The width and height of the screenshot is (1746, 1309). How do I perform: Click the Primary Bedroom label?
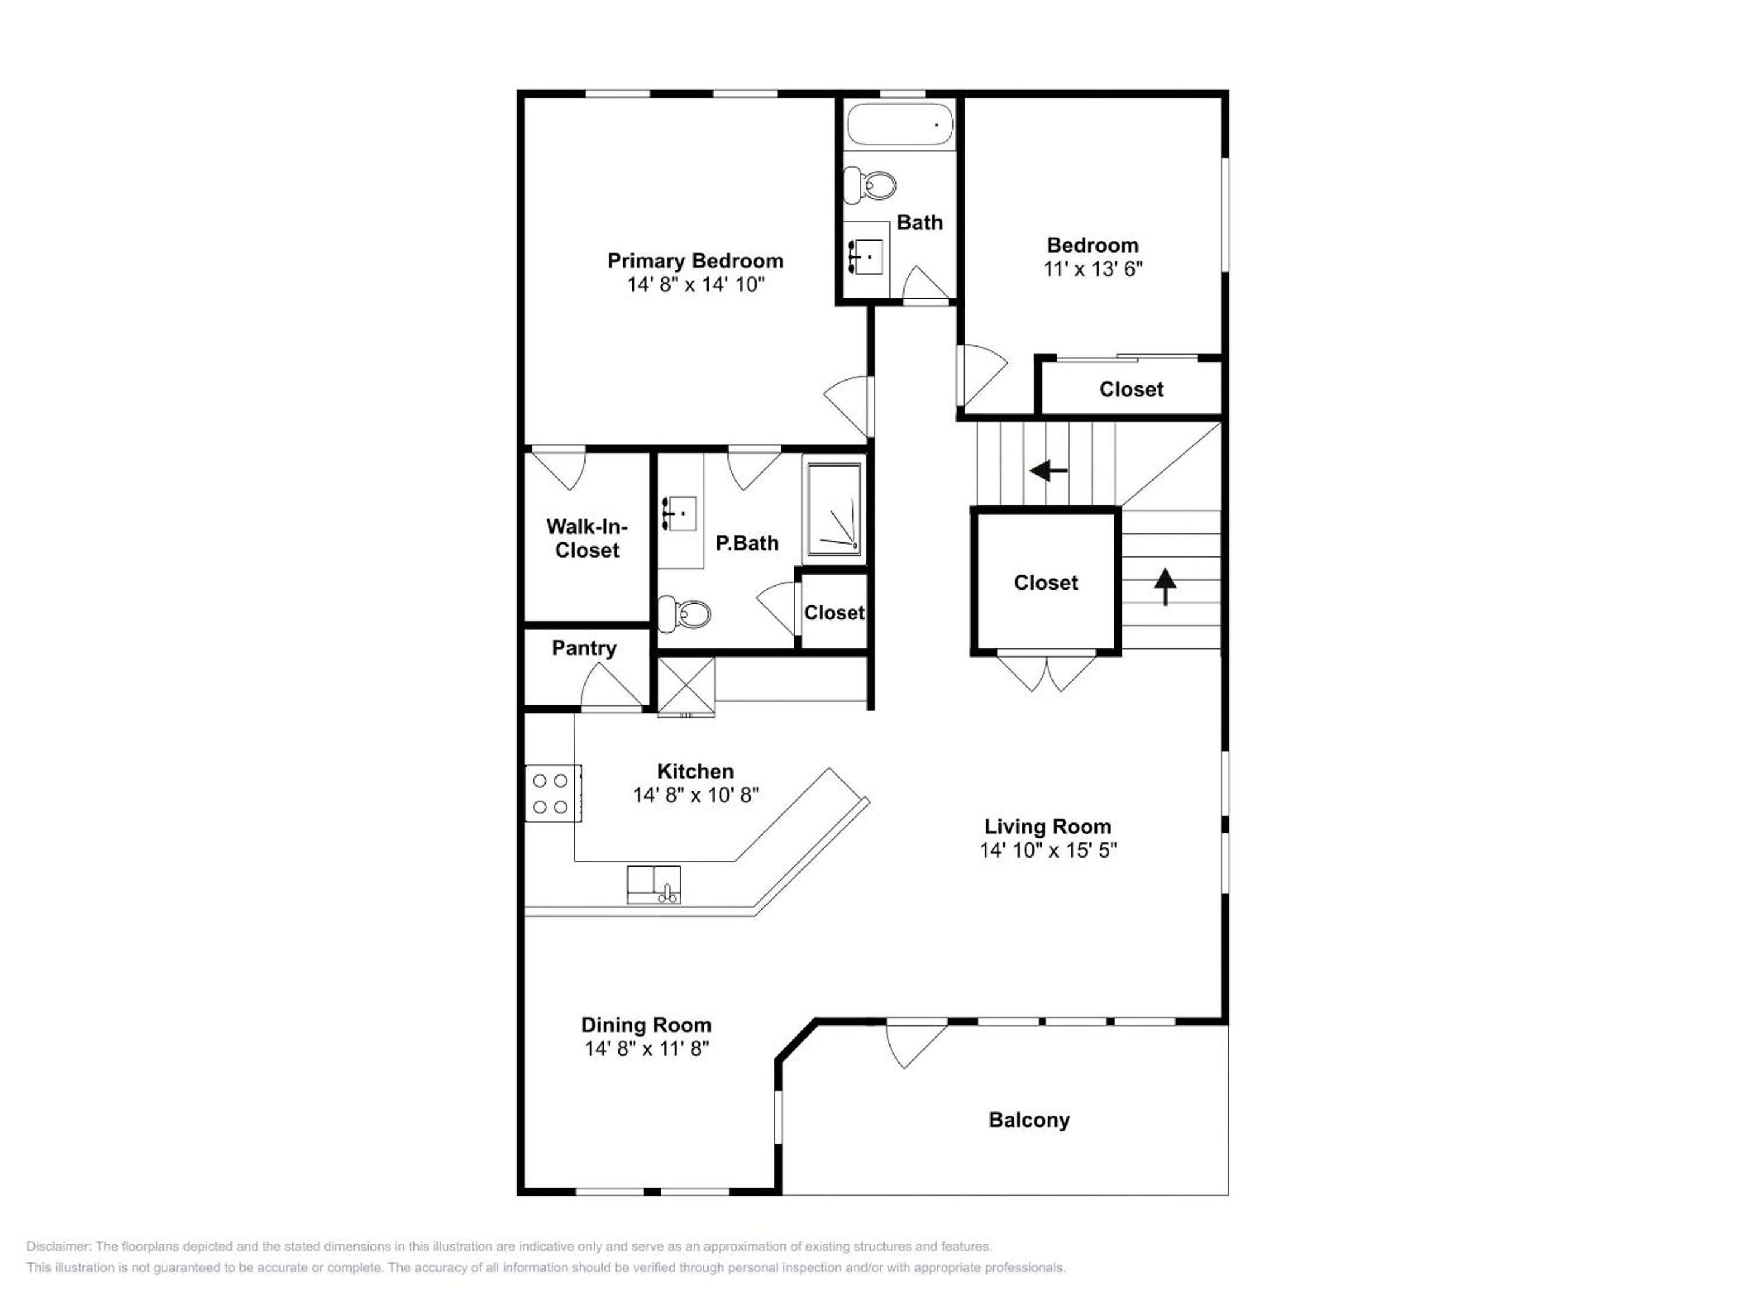click(x=695, y=261)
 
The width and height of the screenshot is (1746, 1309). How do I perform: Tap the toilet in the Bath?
click(x=870, y=185)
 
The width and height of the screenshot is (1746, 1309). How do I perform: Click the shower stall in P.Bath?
click(x=834, y=510)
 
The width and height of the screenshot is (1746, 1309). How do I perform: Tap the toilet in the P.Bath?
click(x=684, y=613)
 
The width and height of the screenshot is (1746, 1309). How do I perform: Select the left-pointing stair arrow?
click(x=1048, y=471)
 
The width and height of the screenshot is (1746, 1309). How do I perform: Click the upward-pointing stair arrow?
click(x=1165, y=587)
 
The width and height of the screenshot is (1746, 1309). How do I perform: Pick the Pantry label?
click(x=583, y=648)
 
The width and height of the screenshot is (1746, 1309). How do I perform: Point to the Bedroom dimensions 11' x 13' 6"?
click(x=1092, y=269)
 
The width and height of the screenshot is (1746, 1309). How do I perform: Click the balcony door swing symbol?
click(x=915, y=1045)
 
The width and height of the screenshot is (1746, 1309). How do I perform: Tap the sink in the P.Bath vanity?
click(x=678, y=514)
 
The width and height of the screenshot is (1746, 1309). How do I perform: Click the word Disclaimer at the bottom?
click(x=58, y=1247)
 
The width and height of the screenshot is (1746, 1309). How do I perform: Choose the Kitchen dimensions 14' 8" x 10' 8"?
click(x=695, y=795)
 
